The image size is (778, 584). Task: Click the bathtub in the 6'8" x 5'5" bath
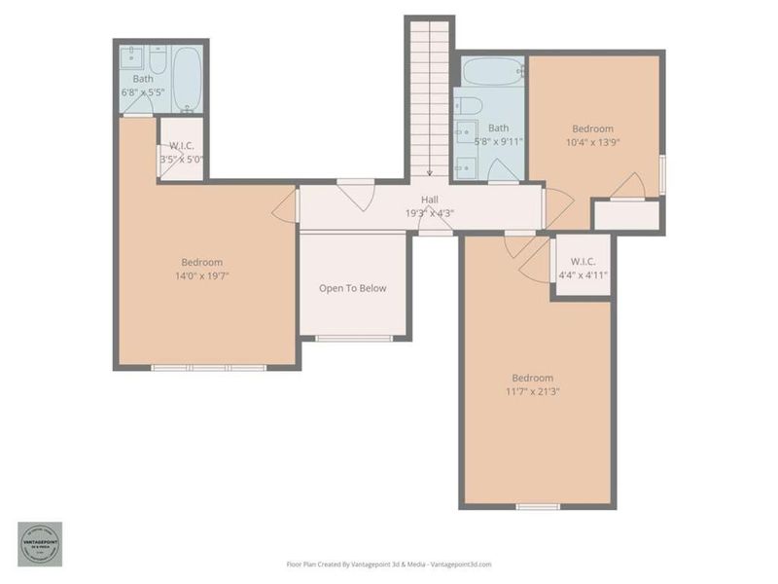point(187,79)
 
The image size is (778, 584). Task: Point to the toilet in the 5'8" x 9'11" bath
point(466,104)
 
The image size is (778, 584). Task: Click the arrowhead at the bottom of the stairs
point(429,172)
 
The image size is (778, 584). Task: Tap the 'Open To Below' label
point(353,288)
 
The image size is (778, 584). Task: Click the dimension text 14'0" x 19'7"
point(202,275)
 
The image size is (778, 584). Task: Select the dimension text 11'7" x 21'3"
point(532,391)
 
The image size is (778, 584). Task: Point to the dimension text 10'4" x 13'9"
point(592,142)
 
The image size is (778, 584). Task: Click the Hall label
point(429,200)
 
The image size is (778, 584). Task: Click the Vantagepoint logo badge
point(39,544)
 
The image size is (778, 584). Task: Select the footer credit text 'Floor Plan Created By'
point(321,564)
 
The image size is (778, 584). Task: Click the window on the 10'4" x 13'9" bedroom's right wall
point(662,174)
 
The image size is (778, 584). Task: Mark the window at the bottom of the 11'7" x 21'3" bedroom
point(537,506)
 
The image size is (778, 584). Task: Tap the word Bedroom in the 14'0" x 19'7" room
point(202,262)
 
